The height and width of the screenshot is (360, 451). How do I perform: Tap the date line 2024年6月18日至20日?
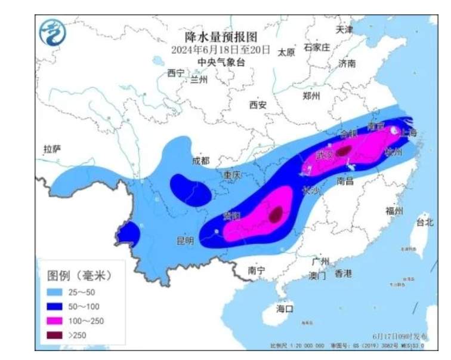pos(221,49)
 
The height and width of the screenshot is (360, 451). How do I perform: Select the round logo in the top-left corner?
pos(52,32)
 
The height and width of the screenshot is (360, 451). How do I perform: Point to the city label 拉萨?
pos(52,149)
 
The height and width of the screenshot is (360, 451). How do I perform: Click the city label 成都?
pos(201,161)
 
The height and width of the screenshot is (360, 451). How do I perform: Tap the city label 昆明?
pos(185,241)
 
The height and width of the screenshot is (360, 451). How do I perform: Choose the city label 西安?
pos(258,105)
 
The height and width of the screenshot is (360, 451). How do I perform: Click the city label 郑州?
pos(311,96)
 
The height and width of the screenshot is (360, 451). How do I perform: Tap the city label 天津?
pos(344,29)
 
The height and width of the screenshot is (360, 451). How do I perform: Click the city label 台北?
pos(425,222)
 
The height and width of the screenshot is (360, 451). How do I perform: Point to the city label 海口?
pos(285,309)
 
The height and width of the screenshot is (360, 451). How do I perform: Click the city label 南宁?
pos(257,270)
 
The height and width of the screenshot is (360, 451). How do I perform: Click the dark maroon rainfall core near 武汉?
pos(343,152)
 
